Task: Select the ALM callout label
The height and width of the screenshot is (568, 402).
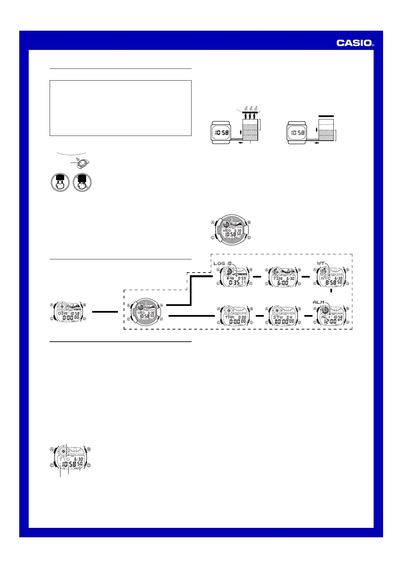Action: click(319, 302)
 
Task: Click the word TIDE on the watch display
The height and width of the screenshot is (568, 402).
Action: click(278, 279)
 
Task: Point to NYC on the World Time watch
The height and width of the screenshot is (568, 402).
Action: click(326, 279)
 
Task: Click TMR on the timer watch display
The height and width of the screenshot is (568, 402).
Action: click(229, 317)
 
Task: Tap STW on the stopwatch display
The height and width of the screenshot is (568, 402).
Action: click(278, 317)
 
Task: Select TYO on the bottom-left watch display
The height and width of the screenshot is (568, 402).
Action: click(65, 459)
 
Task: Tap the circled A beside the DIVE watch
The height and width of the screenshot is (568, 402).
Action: click(52, 305)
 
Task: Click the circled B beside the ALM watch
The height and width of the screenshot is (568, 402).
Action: click(347, 309)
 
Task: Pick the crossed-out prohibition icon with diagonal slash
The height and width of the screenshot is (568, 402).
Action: click(82, 182)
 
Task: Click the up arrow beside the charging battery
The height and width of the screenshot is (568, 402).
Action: click(241, 132)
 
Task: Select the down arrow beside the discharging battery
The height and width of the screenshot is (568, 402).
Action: click(317, 130)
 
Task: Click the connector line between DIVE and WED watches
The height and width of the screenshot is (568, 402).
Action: click(105, 312)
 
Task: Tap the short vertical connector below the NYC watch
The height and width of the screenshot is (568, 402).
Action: click(332, 290)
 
